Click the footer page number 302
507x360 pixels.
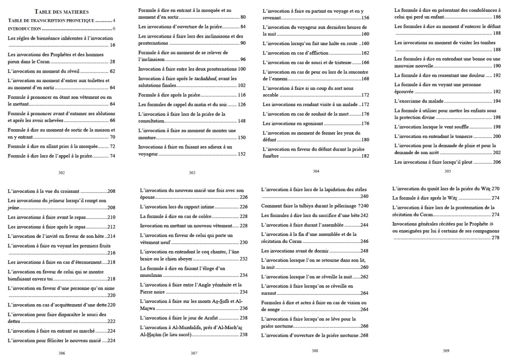61,173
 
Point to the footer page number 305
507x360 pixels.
447,171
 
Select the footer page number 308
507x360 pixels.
315,350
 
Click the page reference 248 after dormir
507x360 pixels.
364,251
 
